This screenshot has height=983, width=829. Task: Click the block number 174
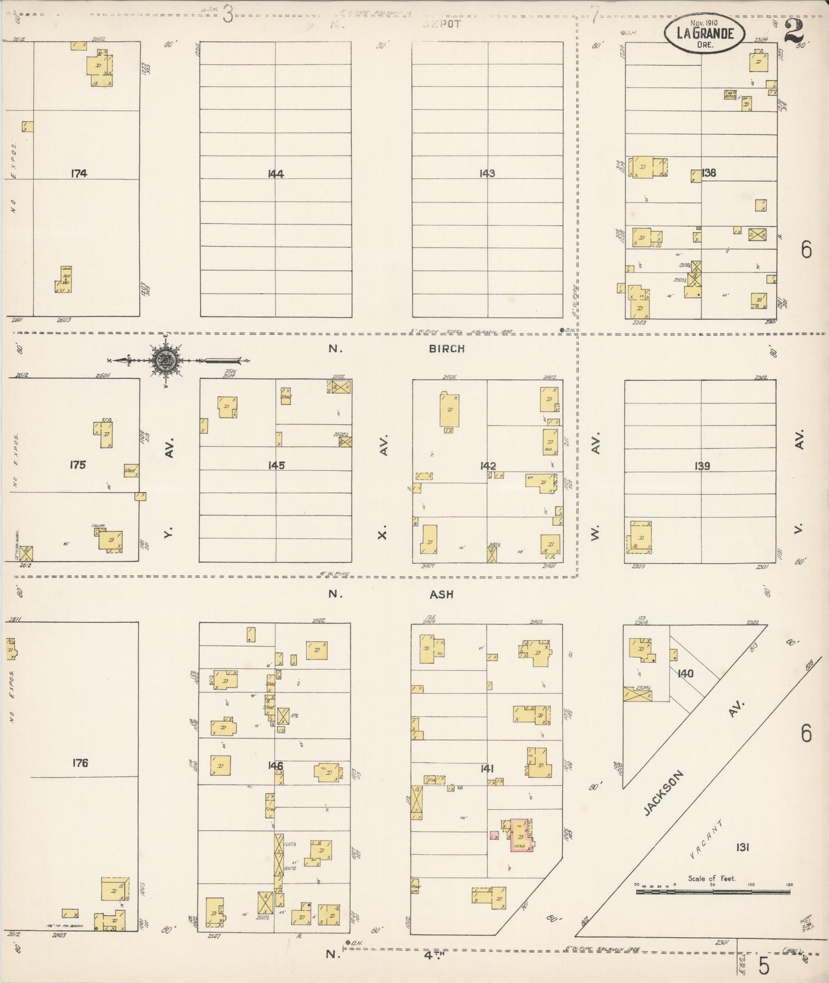[79, 173]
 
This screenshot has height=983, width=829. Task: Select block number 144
[276, 174]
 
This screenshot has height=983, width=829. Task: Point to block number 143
[487, 173]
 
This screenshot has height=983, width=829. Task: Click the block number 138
[709, 173]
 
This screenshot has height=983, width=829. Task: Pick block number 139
[702, 466]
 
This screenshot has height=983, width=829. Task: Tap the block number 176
[80, 763]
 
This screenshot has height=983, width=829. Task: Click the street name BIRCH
[447, 349]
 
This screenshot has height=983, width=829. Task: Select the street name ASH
[441, 595]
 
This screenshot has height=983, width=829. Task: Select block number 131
[742, 847]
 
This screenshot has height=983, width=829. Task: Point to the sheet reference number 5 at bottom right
[764, 966]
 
